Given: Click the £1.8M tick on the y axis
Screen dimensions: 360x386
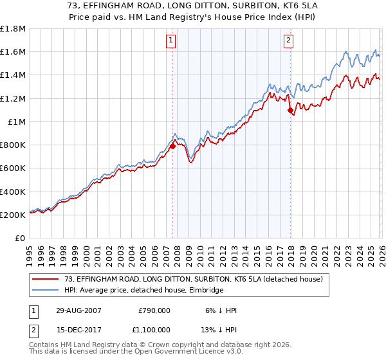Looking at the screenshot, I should [13, 29].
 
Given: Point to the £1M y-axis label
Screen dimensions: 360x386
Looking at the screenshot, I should [17, 122].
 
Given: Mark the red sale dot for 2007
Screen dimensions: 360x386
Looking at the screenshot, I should [173, 147].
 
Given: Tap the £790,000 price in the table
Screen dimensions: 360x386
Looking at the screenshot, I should [154, 310].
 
